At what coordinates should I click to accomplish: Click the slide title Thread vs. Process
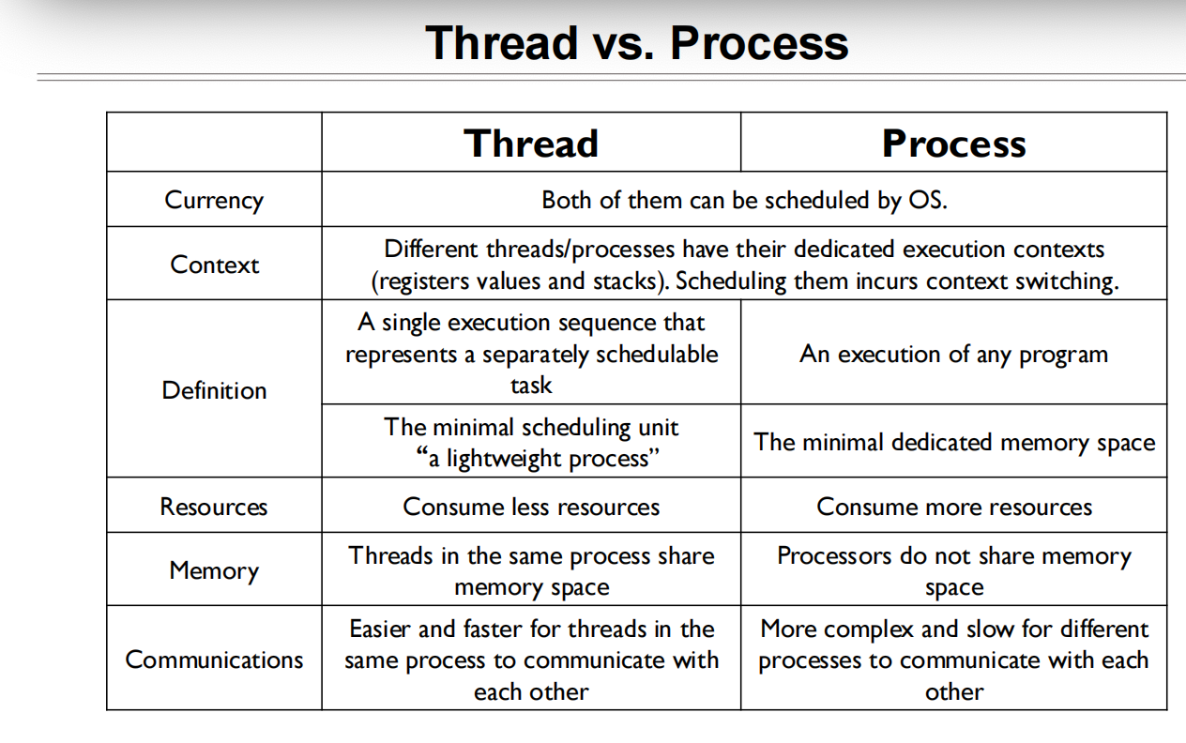pos(636,43)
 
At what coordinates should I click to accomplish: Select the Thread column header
pos(531,144)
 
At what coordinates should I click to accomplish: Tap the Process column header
pos(953,144)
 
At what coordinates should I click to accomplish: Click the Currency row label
pos(214,200)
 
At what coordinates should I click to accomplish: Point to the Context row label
pos(214,265)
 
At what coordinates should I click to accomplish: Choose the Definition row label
pos(214,390)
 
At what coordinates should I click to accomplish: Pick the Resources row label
pos(214,507)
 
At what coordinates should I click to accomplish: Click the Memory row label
pos(214,570)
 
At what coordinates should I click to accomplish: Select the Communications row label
pos(214,660)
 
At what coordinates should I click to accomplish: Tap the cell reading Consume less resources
pos(531,507)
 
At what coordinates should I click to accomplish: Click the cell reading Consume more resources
pos(953,507)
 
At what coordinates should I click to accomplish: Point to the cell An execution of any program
pos(953,355)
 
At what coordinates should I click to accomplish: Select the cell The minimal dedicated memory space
pos(953,442)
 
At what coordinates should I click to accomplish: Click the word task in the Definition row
pos(531,386)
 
